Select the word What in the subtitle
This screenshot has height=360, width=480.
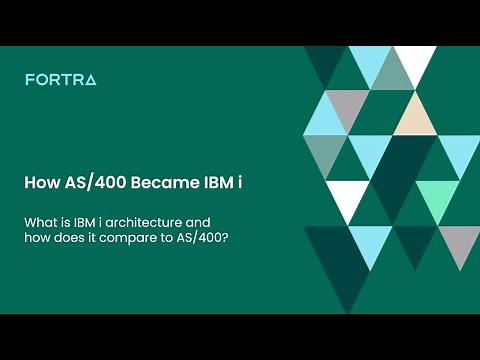click(40, 221)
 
